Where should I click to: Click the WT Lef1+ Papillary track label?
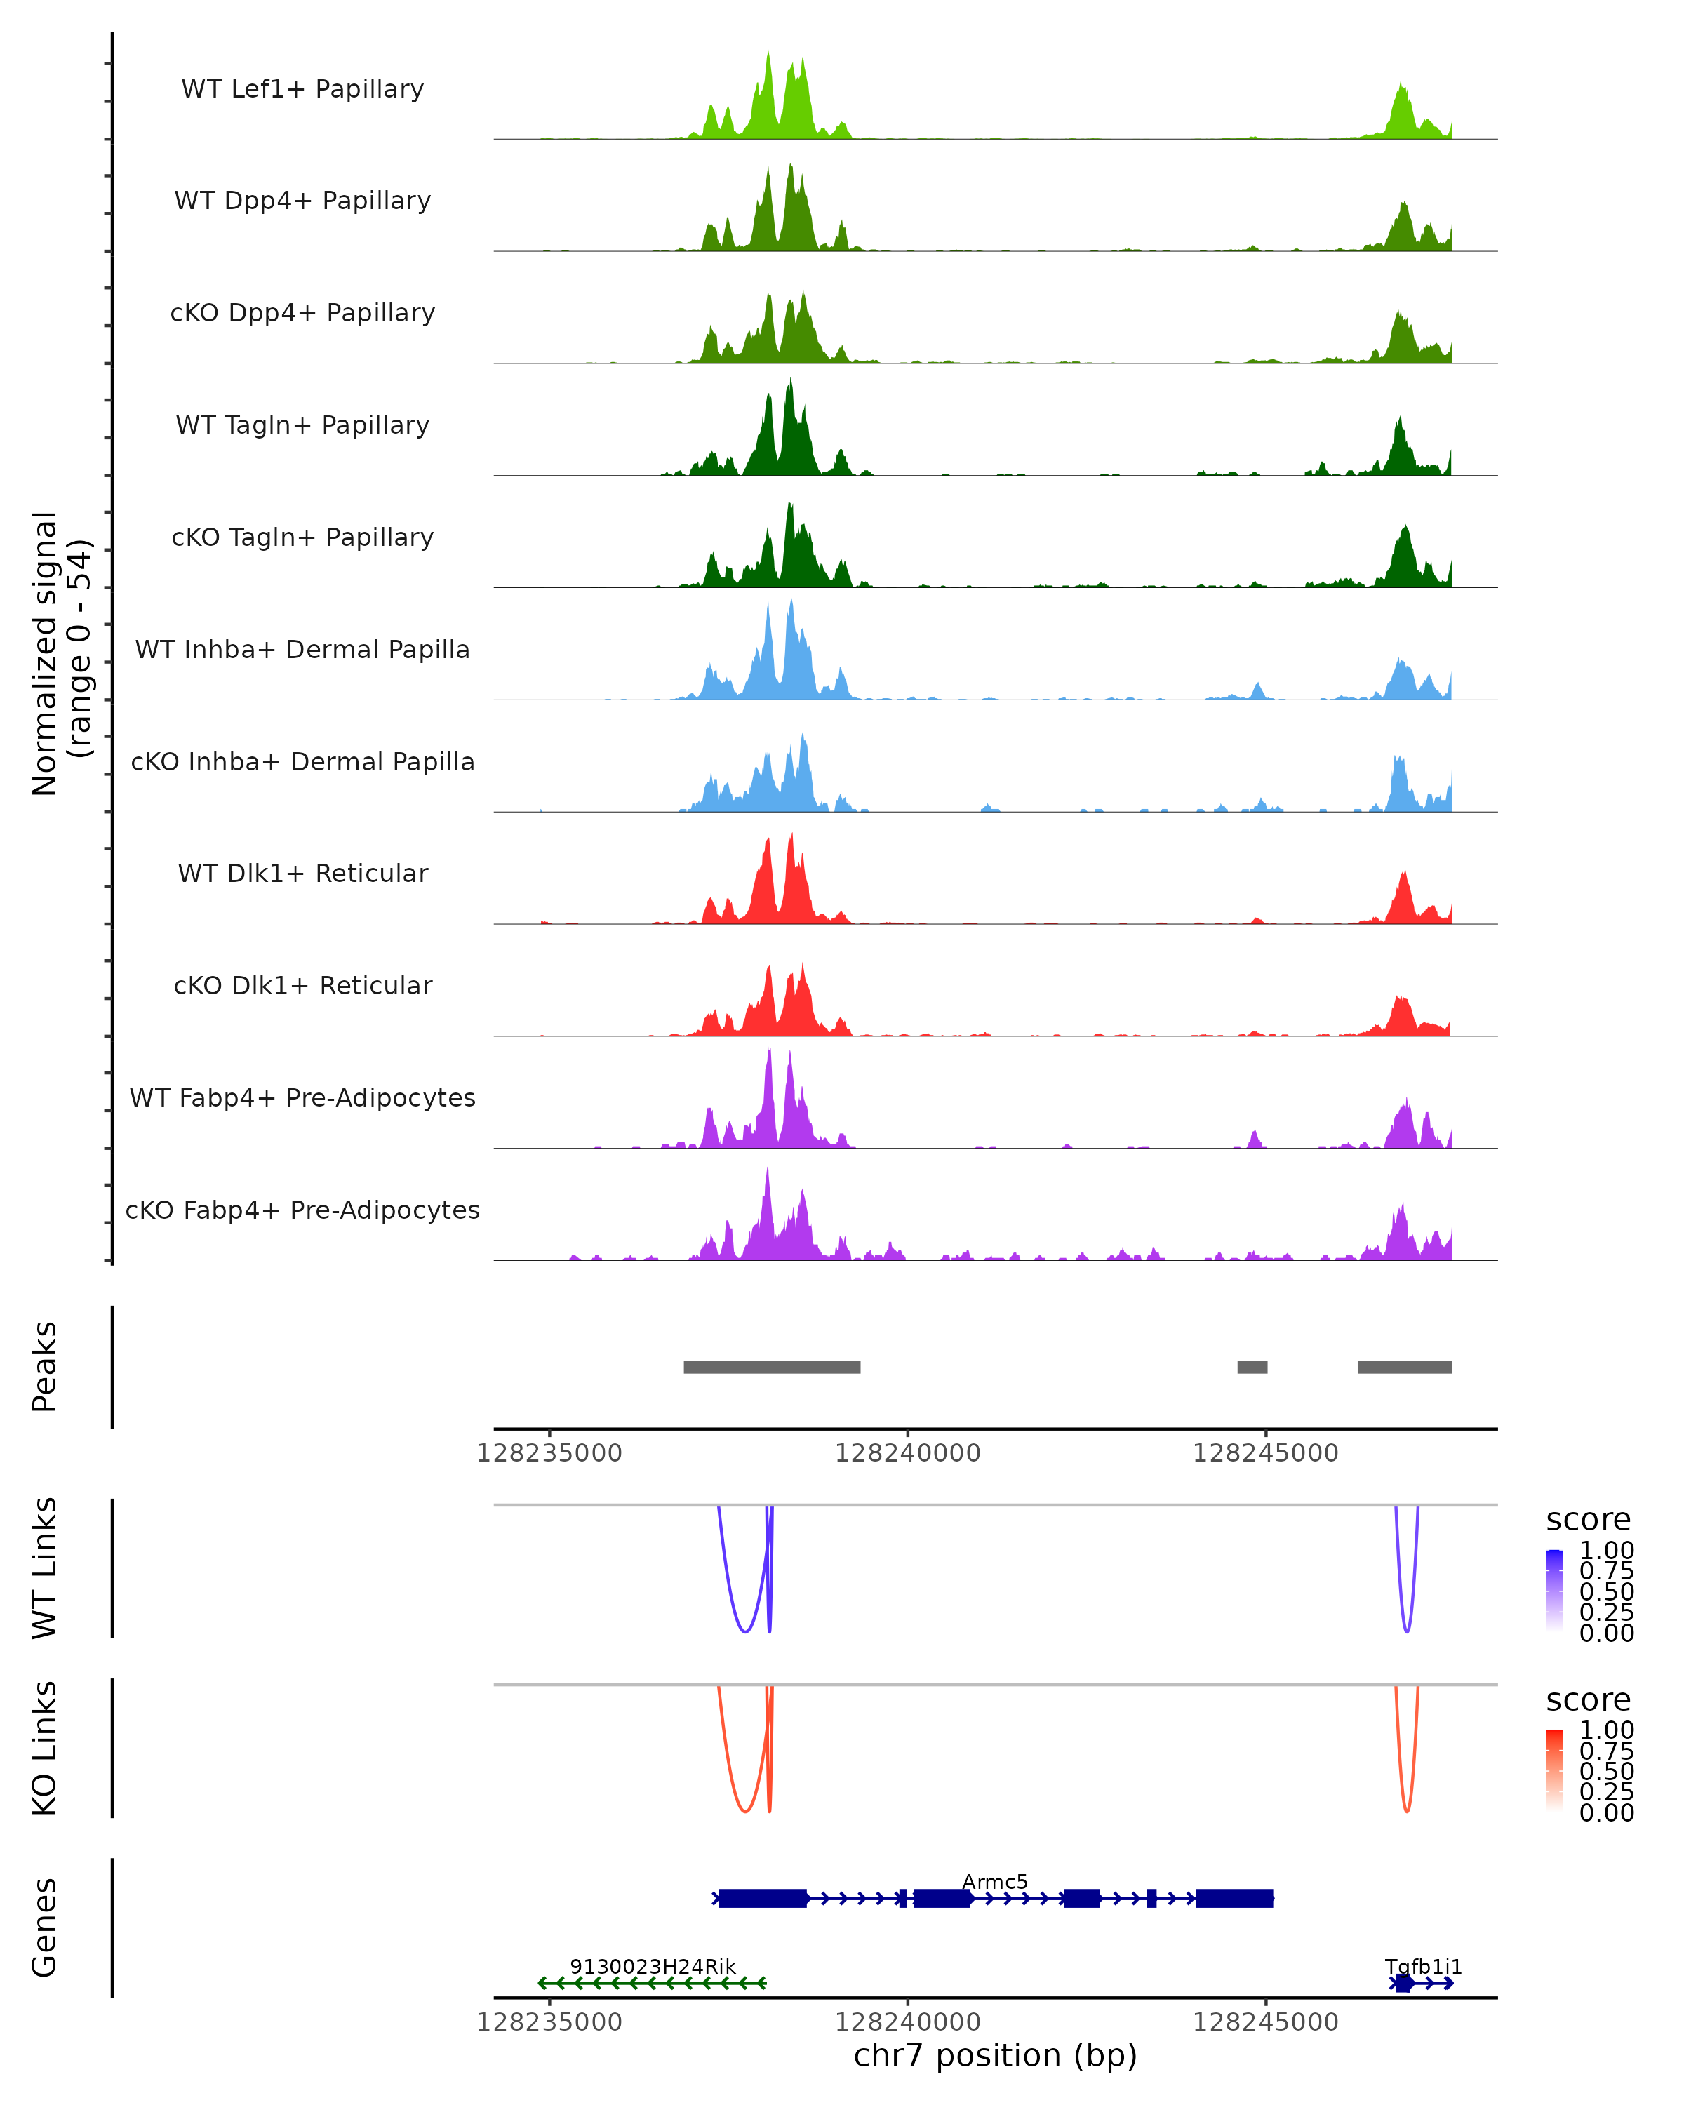pos(302,89)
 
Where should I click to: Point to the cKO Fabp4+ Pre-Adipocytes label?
pos(302,1210)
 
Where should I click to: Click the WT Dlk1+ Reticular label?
pos(302,874)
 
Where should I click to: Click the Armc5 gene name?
pos(995,1883)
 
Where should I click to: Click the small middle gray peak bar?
pos(1252,1367)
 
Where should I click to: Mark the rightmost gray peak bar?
pos(1404,1367)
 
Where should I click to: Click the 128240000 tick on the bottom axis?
pos(908,2022)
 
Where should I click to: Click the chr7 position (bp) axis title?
pos(995,2056)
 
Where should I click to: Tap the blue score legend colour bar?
pos(1554,1591)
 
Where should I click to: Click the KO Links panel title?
pos(45,1748)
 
